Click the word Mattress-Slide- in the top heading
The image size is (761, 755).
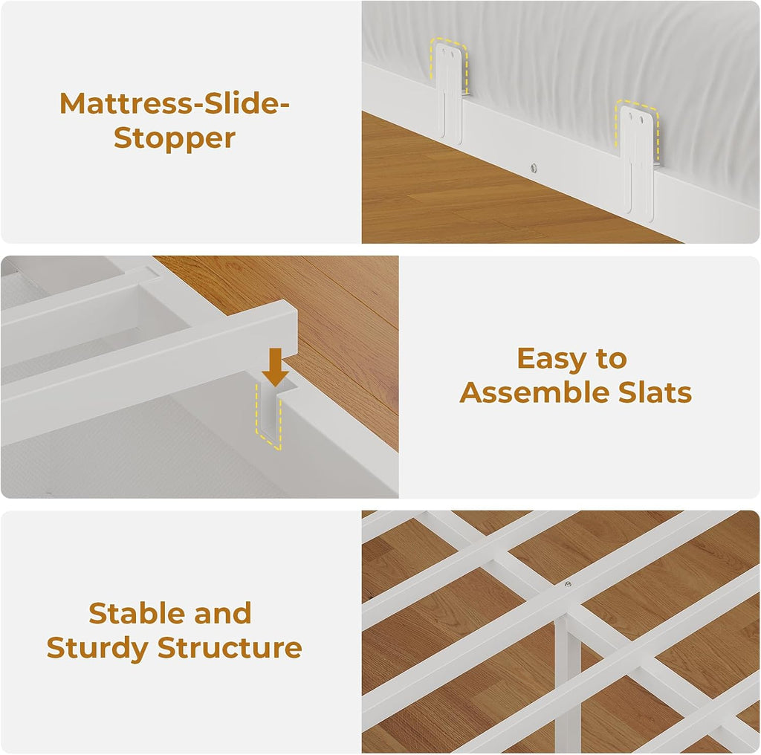pos(174,103)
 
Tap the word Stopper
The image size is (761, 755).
pos(175,138)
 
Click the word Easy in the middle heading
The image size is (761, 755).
pos(551,360)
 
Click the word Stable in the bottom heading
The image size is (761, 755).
pos(137,613)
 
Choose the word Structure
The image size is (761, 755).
pos(230,648)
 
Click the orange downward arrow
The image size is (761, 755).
pos(275,367)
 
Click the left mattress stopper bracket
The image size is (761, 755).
pos(449,92)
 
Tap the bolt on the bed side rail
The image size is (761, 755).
pos(534,168)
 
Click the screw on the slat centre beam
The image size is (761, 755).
pos(568,584)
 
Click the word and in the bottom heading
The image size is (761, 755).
pos(223,613)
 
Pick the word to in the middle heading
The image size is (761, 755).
pos(612,360)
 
